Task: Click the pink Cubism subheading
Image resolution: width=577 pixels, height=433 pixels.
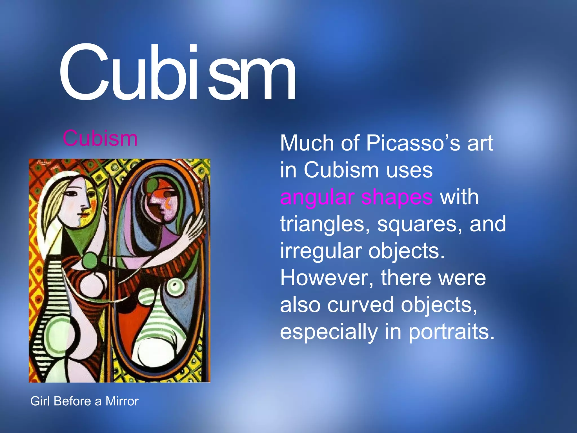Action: click(100, 138)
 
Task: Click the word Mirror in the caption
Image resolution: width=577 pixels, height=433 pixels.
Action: click(122, 401)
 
